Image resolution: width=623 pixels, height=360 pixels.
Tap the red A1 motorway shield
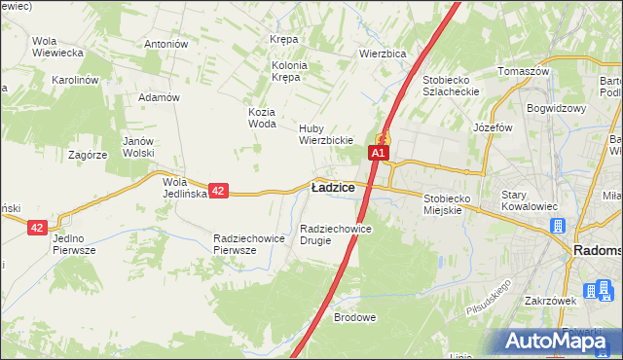pyautogui.click(x=379, y=153)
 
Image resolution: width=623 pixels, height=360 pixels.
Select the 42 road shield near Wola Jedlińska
pyautogui.click(x=218, y=192)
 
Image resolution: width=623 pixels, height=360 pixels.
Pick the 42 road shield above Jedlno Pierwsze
pyautogui.click(x=37, y=227)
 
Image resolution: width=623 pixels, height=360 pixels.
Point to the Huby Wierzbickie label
pyautogui.click(x=324, y=133)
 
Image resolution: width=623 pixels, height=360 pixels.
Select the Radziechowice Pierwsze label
pyautogui.click(x=248, y=244)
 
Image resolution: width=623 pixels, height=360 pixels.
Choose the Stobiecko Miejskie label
pyautogui.click(x=456, y=204)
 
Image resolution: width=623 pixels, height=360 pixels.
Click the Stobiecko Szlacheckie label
pyautogui.click(x=453, y=85)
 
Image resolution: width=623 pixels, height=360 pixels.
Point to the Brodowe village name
pyautogui.click(x=354, y=317)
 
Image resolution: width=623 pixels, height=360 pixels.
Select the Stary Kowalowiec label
pyautogui.click(x=527, y=200)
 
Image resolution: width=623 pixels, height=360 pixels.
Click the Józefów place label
pyautogui.click(x=493, y=127)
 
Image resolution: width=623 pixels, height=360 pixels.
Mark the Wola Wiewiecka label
pyautogui.click(x=56, y=47)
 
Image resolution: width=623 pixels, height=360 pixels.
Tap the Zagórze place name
pyautogui.click(x=88, y=155)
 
